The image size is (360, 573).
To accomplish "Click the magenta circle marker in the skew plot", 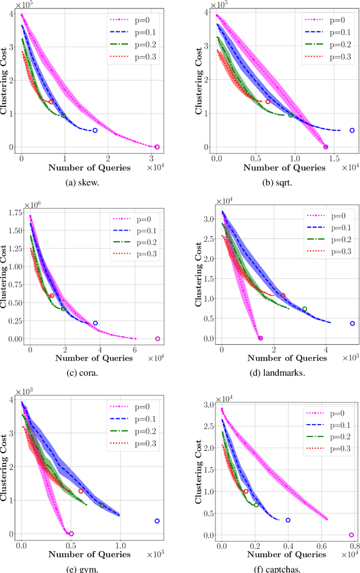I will click(157, 147).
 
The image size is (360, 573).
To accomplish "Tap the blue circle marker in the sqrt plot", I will click(352, 130).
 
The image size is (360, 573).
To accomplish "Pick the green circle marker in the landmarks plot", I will click(304, 309).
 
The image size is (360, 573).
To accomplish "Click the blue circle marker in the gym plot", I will click(157, 521).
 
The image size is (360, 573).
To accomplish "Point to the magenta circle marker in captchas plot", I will click(351, 535).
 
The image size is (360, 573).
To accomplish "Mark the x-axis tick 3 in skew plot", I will click(151, 157).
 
